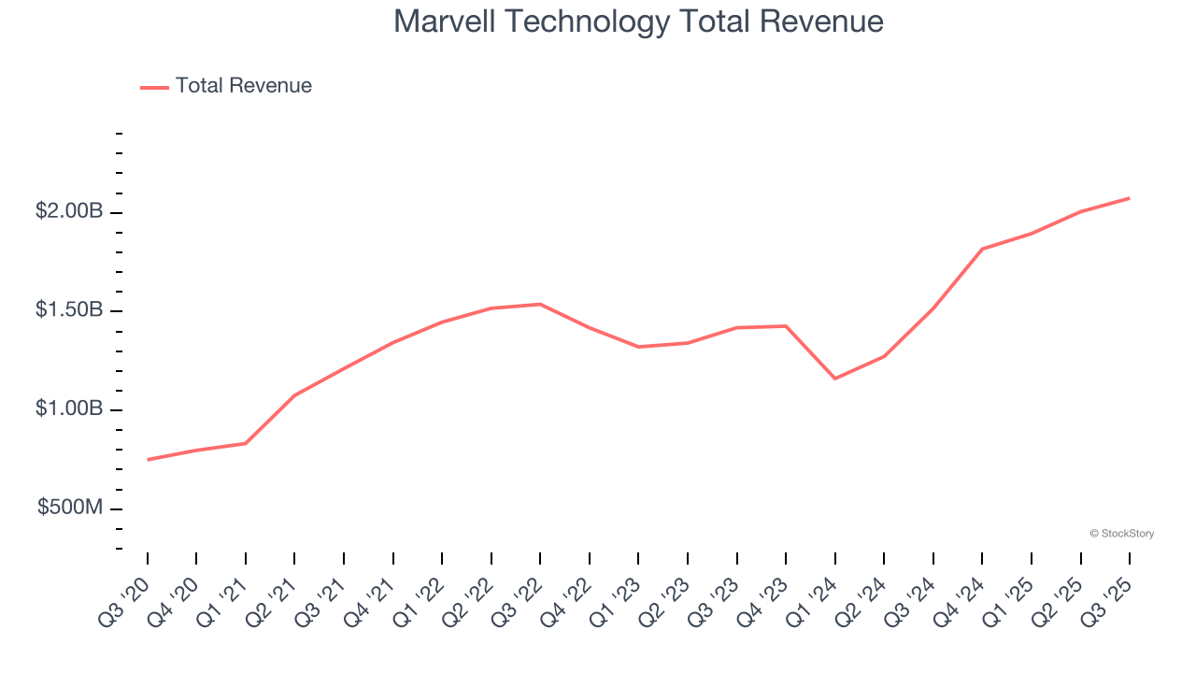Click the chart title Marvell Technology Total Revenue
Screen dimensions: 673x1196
pyautogui.click(x=638, y=21)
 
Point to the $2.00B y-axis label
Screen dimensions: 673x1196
pyautogui.click(x=69, y=212)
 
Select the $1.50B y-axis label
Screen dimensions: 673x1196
pyautogui.click(x=69, y=310)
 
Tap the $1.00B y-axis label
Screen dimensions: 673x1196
pyautogui.click(x=69, y=409)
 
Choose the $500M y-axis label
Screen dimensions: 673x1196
pyautogui.click(x=70, y=508)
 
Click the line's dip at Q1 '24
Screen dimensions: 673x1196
pyautogui.click(x=834, y=379)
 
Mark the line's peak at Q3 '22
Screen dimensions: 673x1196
pyautogui.click(x=540, y=304)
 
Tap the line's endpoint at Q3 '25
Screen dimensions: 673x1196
pyautogui.click(x=1129, y=198)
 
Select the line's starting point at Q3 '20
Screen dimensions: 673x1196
pyautogui.click(x=148, y=460)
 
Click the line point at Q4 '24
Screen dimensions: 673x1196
pyautogui.click(x=982, y=249)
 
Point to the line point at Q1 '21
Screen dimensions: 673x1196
pyautogui.click(x=246, y=443)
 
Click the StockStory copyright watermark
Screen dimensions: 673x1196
pyautogui.click(x=1121, y=534)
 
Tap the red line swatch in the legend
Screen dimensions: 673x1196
pyautogui.click(x=154, y=87)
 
